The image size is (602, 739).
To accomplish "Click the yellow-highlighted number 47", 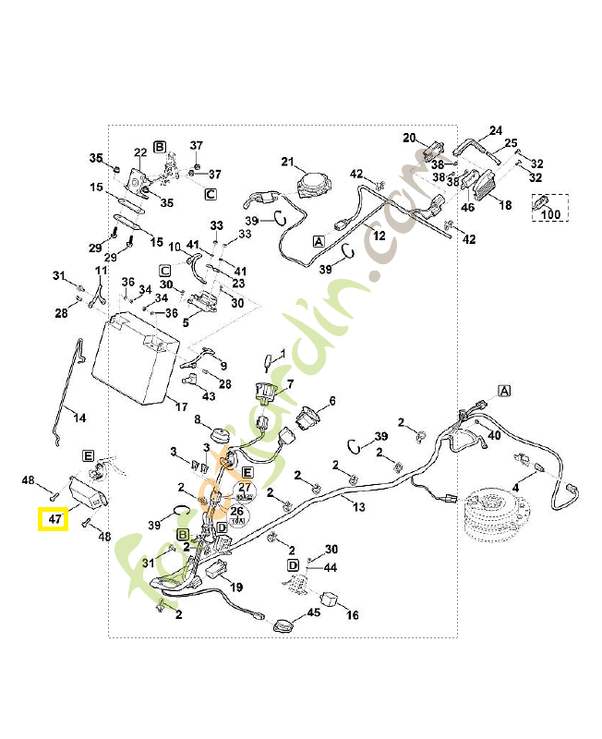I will tap(54, 520).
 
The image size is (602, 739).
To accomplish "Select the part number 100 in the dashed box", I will tap(550, 214).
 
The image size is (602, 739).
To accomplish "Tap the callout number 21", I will tap(286, 162).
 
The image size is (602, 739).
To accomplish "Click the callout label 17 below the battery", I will tap(182, 406).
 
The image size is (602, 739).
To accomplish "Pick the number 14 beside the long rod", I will tap(80, 418).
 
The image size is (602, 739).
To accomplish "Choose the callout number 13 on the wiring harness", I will tap(359, 506).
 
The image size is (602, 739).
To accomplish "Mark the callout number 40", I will tap(494, 435).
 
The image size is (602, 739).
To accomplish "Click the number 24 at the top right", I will tap(495, 130).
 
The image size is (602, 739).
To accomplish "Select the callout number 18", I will tap(505, 205).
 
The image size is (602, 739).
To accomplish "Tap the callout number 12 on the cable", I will tap(379, 236).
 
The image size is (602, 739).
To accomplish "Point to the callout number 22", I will tap(140, 152).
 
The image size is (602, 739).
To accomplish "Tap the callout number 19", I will tap(236, 587).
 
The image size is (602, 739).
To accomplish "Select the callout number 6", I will tap(332, 401).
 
